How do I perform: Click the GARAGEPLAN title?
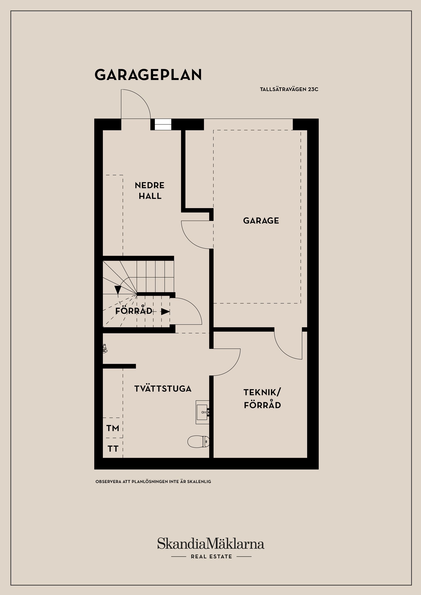click(148, 75)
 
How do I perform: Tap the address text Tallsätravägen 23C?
click(289, 89)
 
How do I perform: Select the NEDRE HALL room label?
click(150, 190)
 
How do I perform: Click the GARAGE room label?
click(261, 221)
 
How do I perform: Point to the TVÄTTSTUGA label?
click(163, 389)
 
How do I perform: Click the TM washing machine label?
click(112, 428)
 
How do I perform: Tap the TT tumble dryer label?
click(113, 449)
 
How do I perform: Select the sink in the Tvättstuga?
click(202, 412)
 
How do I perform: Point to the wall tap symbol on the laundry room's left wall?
click(105, 349)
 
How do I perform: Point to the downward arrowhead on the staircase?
click(118, 289)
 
